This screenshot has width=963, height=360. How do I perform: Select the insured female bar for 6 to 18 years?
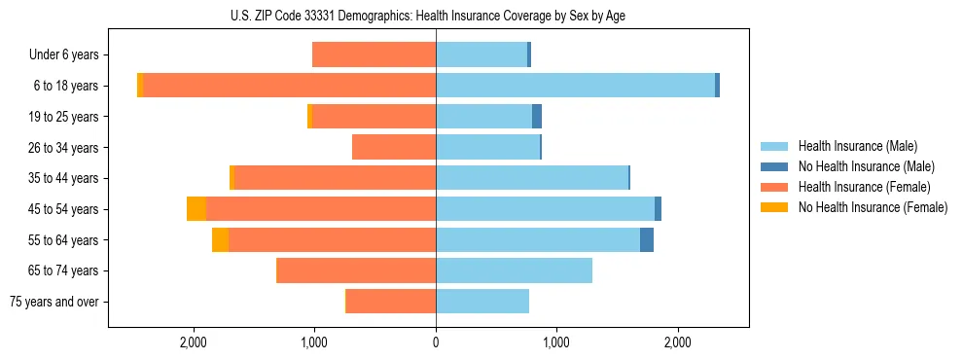click(x=289, y=86)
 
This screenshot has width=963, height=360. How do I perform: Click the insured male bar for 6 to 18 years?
click(x=575, y=86)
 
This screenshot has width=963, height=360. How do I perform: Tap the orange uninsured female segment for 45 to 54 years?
click(x=196, y=209)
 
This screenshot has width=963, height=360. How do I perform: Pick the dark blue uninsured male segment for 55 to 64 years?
click(x=647, y=239)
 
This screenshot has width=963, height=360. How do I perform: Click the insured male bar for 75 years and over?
click(x=482, y=302)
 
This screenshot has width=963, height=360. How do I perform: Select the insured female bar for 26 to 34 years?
click(x=394, y=147)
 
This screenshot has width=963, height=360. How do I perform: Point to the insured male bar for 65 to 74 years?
click(x=514, y=270)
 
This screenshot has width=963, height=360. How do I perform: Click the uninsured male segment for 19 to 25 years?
click(x=537, y=117)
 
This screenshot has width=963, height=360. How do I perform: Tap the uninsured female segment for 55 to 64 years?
click(x=221, y=239)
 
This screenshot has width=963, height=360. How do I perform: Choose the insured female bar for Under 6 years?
click(x=374, y=55)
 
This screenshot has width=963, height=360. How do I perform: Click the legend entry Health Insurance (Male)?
click(x=856, y=146)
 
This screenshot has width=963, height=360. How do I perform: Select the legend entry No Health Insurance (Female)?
click(x=873, y=207)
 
